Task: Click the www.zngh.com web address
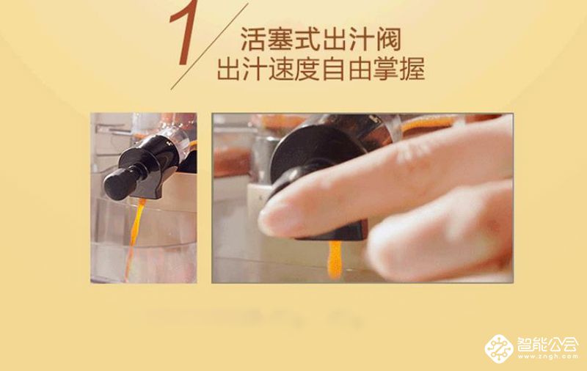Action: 547,358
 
